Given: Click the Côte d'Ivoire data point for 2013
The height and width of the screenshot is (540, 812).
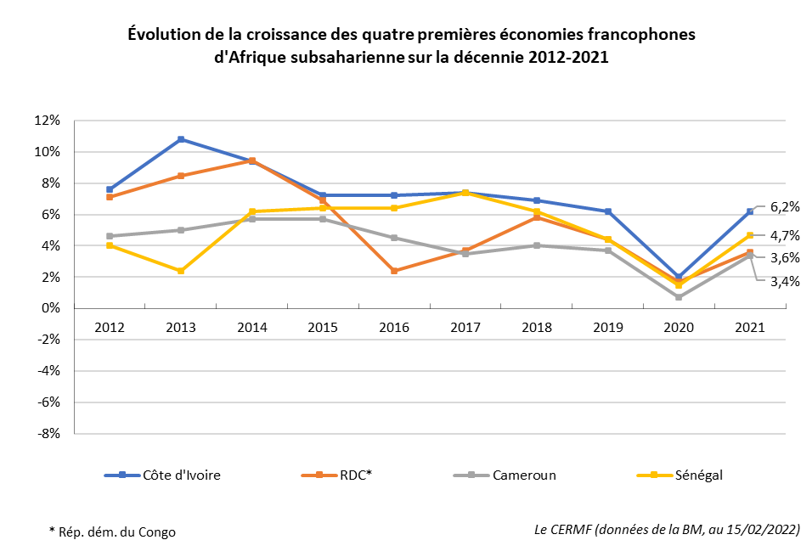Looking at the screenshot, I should pos(181,139).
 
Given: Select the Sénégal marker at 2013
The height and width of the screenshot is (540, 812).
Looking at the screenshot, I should pos(181,271).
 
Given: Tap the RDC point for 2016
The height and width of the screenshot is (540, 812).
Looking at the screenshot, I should pos(394,271).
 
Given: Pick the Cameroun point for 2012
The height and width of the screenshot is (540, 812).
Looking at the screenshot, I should pos(110,236).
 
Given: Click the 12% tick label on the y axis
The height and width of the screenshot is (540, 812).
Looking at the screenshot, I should pos(48,121).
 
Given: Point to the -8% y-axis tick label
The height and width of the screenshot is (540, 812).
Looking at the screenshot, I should pos(47,433).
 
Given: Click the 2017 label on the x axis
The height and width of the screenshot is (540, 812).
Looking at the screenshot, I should pos(465,327).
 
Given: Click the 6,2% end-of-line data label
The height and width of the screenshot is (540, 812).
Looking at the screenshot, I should pos(785,206).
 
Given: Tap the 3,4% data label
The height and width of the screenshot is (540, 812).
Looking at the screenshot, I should pos(785,281).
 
